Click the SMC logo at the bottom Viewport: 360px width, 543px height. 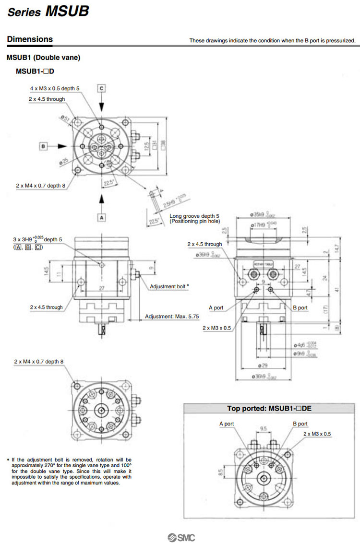coord(180,537)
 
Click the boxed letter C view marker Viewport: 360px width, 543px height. coord(101,88)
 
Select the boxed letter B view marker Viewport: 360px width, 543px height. coord(43,145)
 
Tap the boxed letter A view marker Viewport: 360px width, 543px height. coord(102,217)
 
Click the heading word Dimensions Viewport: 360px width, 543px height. coord(30,39)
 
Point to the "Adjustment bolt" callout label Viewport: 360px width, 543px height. coord(169,286)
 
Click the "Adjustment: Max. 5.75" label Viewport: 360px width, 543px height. coord(172,317)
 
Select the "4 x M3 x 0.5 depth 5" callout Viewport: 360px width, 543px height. coord(55,88)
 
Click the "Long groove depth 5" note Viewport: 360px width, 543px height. coord(194,216)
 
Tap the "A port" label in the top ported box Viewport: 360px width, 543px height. coord(227,424)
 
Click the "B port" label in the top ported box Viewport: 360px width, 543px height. coord(300,424)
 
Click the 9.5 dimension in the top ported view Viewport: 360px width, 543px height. coord(263,428)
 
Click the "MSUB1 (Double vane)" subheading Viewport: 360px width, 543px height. coord(43,58)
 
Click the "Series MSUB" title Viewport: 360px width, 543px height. coord(48,12)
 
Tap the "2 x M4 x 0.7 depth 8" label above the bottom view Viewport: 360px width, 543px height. coord(38,361)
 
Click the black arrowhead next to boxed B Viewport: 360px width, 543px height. coord(61,145)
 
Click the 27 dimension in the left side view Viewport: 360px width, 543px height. coord(101,288)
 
